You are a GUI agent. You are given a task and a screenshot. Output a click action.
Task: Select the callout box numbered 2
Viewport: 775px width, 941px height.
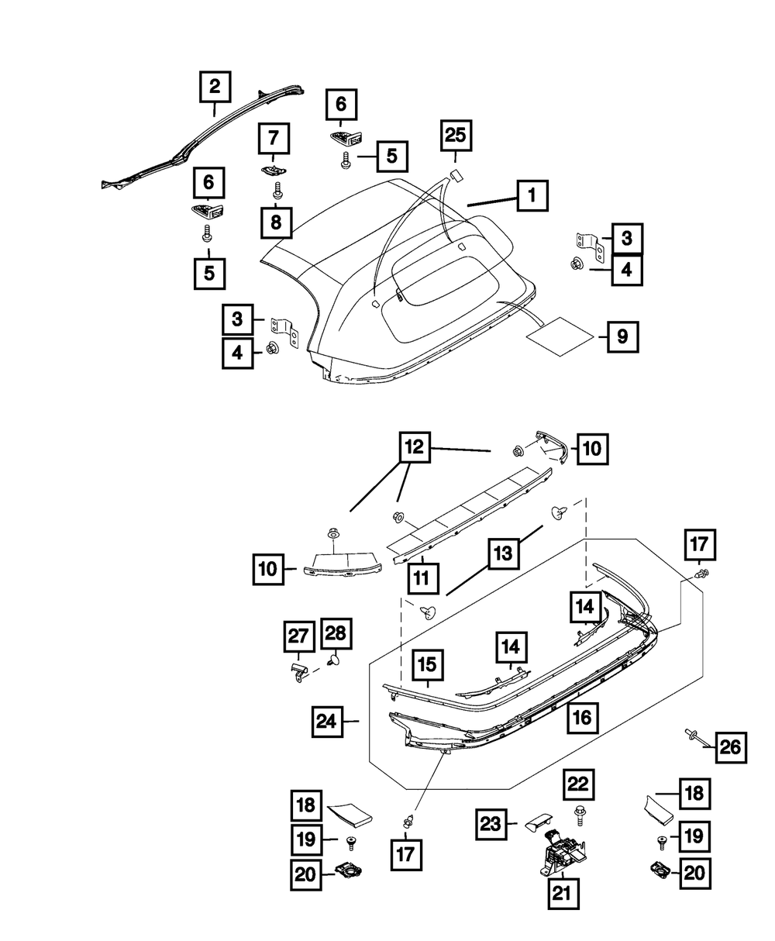(x=215, y=87)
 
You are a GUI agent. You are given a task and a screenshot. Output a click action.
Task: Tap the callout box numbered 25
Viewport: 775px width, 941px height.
(x=456, y=137)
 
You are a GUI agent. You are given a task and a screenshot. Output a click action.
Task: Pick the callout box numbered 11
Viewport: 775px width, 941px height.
(x=423, y=577)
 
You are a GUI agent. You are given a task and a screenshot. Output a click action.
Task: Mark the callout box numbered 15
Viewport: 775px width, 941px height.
(x=428, y=664)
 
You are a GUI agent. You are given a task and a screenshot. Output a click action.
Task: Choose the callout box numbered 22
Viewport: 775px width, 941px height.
(x=576, y=786)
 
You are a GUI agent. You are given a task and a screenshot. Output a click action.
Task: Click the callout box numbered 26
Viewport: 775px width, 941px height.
(x=730, y=747)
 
